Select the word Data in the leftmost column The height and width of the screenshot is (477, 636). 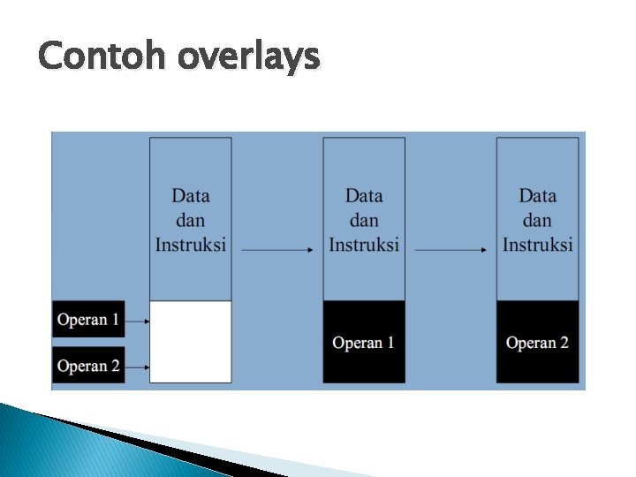191,196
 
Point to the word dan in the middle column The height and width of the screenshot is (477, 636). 364,220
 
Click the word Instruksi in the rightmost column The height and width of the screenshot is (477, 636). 538,244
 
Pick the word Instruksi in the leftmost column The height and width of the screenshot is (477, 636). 191,244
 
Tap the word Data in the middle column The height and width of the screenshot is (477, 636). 364,196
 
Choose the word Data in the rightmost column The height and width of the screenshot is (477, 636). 538,196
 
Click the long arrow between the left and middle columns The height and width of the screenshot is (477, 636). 277,251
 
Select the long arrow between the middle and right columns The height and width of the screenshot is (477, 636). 450,251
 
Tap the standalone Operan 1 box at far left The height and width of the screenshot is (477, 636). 88,320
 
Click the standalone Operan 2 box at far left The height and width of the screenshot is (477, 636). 88,366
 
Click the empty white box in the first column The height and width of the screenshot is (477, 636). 191,342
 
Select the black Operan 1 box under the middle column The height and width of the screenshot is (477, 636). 364,342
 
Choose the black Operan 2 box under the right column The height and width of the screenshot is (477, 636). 538,342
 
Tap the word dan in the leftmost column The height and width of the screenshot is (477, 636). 191,220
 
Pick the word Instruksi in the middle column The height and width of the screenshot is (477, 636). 364,244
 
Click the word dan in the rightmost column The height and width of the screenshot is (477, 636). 538,220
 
